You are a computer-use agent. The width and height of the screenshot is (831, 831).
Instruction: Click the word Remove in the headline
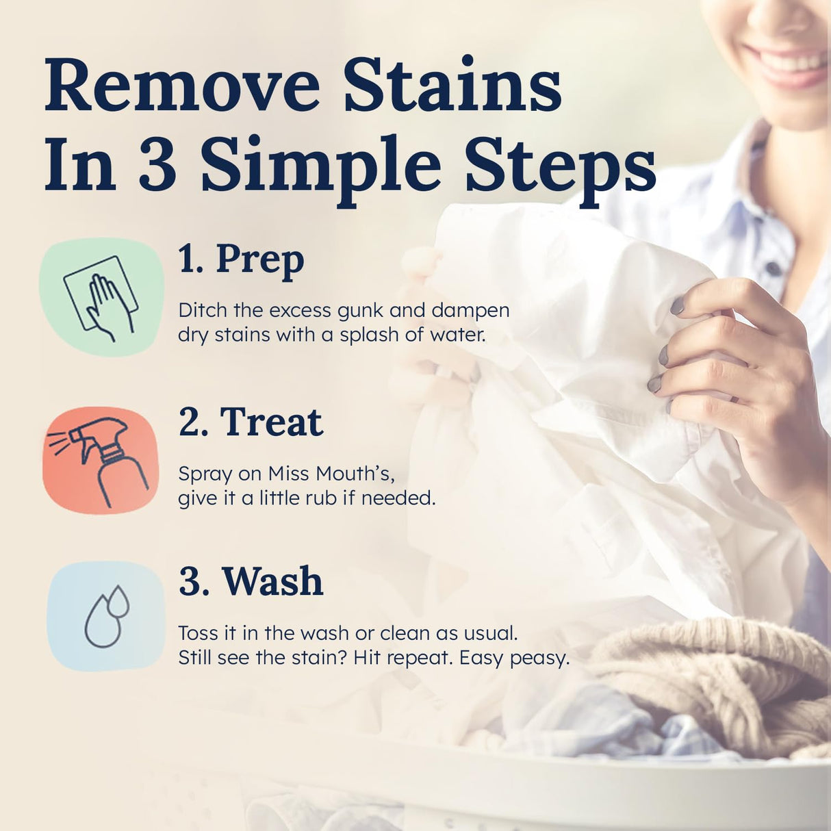182,88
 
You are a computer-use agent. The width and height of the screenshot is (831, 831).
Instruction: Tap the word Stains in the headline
452,88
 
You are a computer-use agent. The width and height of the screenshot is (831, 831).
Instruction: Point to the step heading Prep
259,260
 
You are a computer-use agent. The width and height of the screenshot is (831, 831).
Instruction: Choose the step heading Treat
271,422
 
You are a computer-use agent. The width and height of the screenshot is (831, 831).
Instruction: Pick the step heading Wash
272,582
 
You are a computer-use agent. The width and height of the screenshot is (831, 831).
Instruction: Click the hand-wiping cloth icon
101,297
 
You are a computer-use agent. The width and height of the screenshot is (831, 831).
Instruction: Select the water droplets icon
106,616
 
